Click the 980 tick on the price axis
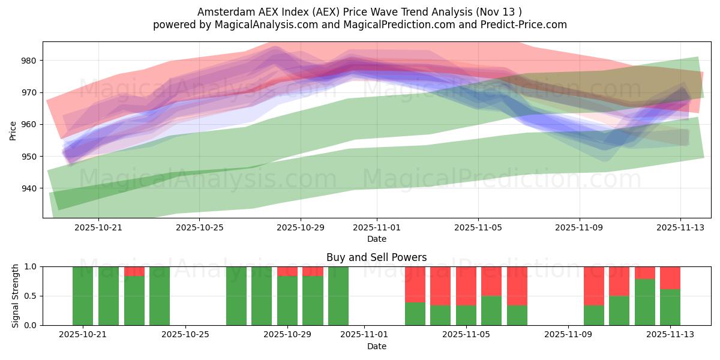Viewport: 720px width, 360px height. click(28, 61)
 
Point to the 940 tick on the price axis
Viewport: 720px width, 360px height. click(28, 188)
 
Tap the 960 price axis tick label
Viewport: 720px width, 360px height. click(28, 124)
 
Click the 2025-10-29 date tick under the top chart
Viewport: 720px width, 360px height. click(301, 227)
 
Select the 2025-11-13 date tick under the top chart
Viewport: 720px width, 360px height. click(680, 227)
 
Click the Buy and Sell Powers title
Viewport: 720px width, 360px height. click(376, 257)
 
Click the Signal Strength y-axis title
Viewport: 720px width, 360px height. click(16, 296)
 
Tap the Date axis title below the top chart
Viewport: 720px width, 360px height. click(377, 239)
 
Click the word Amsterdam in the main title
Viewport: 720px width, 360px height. click(221, 11)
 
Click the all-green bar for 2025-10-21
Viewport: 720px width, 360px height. click(83, 296)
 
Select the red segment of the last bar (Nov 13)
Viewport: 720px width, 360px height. click(670, 278)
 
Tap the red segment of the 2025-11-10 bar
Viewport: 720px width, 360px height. click(594, 286)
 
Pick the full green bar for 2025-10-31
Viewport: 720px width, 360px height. click(338, 296)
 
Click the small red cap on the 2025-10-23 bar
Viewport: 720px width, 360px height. click(134, 271)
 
